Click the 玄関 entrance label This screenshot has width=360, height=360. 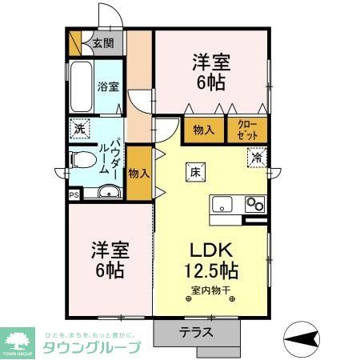point(102,44)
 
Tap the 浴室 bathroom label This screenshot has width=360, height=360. point(107,86)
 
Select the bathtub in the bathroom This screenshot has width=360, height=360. point(81,86)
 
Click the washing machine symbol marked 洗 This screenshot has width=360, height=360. point(80,127)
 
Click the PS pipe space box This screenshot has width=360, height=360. point(74,193)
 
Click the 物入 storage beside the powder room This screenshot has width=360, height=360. point(138,172)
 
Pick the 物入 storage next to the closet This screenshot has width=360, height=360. point(203,130)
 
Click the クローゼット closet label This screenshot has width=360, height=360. point(242,130)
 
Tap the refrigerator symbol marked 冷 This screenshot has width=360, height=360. point(256,158)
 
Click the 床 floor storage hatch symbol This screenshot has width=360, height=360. point(195,170)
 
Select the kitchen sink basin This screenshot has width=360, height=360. point(221,202)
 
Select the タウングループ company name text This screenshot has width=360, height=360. point(93,347)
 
